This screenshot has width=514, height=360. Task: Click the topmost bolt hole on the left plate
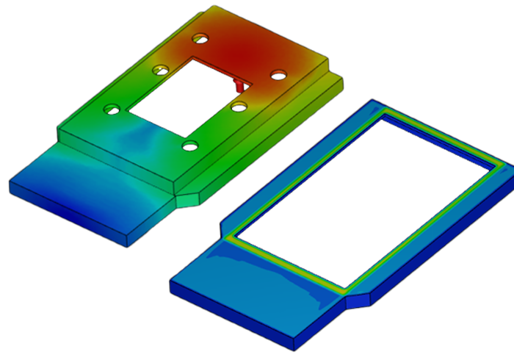pyautogui.click(x=200, y=38)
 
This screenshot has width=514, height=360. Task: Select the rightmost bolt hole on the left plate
pyautogui.click(x=278, y=74)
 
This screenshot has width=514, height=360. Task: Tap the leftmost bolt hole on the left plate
pyautogui.click(x=112, y=109)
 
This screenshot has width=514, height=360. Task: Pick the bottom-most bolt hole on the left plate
pyautogui.click(x=189, y=145)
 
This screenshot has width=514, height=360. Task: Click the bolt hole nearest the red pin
pyautogui.click(x=238, y=107)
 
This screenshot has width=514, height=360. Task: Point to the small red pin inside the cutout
pyautogui.click(x=238, y=84)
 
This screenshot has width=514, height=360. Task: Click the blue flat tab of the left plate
pyautogui.click(x=81, y=191)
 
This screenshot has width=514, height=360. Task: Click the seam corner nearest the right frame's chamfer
pyautogui.click(x=343, y=292)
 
